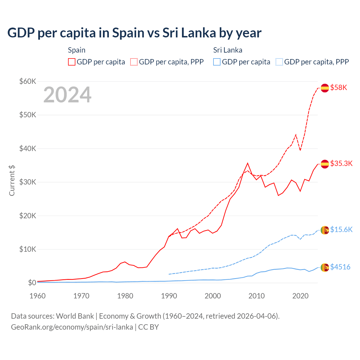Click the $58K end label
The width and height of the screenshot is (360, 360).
(339, 88)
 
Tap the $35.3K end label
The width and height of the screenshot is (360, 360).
(341, 164)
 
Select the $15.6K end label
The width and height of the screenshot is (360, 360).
(341, 230)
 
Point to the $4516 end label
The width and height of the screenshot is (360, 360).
(340, 267)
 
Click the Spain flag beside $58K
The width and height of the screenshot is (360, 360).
(325, 88)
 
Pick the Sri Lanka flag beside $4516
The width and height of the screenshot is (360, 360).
(325, 267)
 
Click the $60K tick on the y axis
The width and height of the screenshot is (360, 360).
(28, 82)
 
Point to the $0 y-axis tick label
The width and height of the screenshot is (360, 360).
(32, 283)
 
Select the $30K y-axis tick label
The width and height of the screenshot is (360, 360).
(28, 182)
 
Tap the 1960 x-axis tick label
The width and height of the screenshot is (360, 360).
(37, 296)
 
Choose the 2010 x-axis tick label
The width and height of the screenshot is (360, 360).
(256, 296)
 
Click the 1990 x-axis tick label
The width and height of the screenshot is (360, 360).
(169, 296)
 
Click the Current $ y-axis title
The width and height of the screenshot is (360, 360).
(12, 180)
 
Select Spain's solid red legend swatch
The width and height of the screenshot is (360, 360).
(72, 62)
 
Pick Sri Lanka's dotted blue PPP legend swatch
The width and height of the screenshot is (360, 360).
(279, 62)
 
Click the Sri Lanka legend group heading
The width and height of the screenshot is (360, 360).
(228, 50)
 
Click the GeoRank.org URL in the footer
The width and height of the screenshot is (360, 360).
(72, 327)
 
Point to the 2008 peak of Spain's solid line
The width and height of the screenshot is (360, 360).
(247, 163)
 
